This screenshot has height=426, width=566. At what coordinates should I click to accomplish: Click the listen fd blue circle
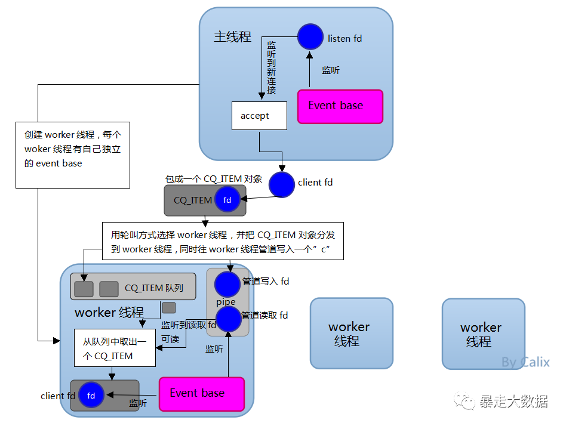(x=310, y=37)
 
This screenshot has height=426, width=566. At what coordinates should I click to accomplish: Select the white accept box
(x=259, y=116)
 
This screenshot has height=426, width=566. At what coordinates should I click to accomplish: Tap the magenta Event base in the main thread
(x=340, y=106)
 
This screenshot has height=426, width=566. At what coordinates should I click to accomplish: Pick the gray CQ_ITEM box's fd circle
(x=227, y=200)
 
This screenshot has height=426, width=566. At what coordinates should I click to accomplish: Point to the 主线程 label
(x=232, y=37)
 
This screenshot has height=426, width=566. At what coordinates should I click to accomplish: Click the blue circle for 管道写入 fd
(x=227, y=284)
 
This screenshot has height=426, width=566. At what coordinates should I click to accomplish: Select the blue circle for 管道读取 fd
(x=228, y=319)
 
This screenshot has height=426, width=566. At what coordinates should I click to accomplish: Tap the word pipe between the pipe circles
(x=226, y=302)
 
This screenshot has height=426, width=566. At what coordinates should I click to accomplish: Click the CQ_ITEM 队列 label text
(x=153, y=288)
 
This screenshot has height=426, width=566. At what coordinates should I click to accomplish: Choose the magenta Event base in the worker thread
(x=201, y=394)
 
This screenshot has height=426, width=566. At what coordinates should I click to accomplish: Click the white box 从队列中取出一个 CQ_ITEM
(x=115, y=348)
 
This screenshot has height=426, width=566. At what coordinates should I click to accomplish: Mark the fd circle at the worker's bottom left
(x=91, y=396)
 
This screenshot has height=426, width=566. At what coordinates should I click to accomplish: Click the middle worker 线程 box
(x=351, y=334)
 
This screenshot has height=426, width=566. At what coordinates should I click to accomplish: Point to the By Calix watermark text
(x=525, y=362)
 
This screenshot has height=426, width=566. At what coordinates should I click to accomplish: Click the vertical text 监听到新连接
(x=272, y=68)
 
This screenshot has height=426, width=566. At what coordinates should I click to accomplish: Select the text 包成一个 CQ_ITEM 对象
(x=213, y=178)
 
